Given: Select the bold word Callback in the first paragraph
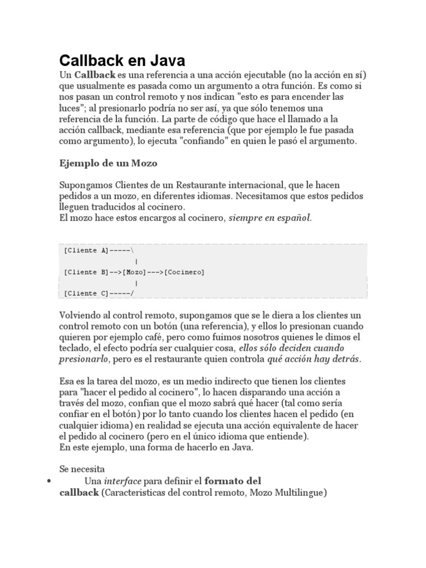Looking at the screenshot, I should [94, 74].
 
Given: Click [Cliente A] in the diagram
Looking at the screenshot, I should [87, 250].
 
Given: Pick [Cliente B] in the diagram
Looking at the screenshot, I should [87, 272].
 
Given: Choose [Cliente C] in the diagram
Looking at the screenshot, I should [87, 293].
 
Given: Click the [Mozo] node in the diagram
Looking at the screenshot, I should [135, 272].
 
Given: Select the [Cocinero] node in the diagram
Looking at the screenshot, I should [184, 272].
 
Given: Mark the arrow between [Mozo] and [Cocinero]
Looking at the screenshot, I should [155, 272].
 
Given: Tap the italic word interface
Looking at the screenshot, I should [122, 480].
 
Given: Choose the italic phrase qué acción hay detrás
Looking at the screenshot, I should [313, 359].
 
